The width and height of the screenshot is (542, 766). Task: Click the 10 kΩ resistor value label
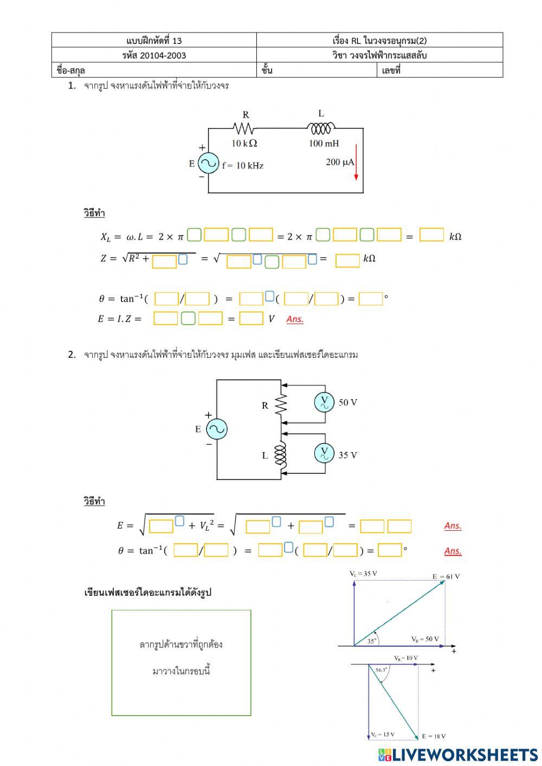coord(244,143)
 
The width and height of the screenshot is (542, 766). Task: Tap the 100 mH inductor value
coord(324,143)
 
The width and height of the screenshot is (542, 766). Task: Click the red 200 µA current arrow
coord(356,162)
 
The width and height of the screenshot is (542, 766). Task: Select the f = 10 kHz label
coord(243,165)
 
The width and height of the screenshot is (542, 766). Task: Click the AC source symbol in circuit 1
coord(208,163)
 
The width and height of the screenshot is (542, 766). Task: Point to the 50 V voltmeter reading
coord(348,402)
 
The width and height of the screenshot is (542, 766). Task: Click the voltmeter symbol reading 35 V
coord(324,454)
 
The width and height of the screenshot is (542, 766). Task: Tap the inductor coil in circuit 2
coord(280,455)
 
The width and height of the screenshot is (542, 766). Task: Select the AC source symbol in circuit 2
coord(216,429)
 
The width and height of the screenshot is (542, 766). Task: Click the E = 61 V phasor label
coord(446,576)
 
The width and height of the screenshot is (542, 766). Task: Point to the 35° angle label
coord(372,640)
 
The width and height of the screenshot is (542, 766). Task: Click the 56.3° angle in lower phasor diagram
coord(382,670)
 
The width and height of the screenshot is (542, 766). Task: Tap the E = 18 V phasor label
coord(434,736)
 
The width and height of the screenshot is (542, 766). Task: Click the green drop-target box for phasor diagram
coord(181,662)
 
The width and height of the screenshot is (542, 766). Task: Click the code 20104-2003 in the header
coord(154,55)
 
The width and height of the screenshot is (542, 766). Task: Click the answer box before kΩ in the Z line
coord(347,260)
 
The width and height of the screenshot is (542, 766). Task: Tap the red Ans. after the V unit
coord(295,319)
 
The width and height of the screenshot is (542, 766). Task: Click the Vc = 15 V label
coord(383,735)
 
